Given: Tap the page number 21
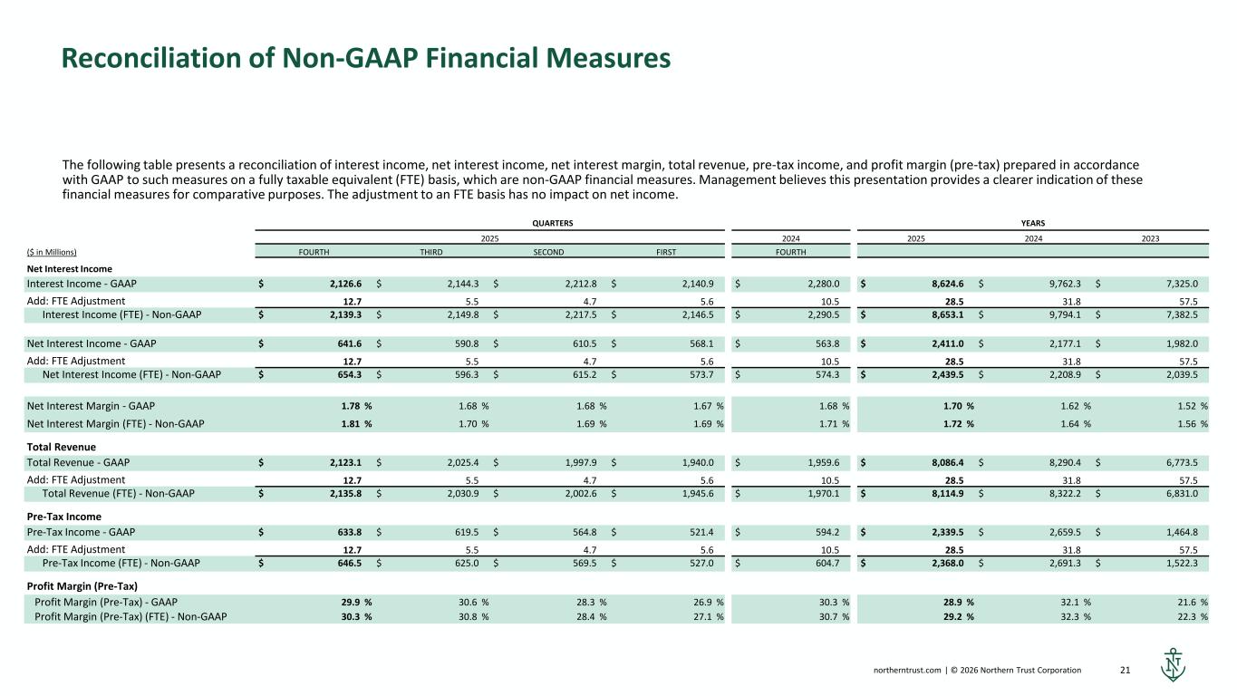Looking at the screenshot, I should pos(1127,671).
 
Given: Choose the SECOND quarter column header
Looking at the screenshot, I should pos(548,252).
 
